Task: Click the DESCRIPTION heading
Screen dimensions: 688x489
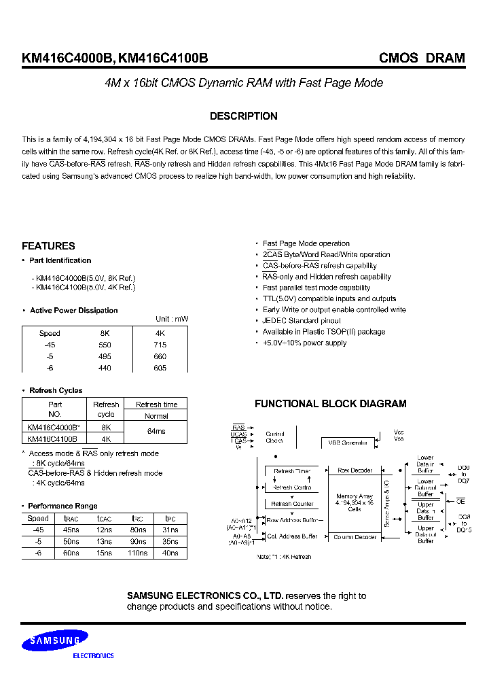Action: tap(243, 116)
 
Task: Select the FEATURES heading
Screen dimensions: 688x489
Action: tap(48, 246)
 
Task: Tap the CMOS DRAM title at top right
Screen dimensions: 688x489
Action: tap(421, 58)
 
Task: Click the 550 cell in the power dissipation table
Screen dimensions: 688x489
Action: tap(105, 345)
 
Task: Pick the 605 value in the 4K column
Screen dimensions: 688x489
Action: tap(160, 368)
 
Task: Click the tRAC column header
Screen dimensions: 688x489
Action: tap(71, 518)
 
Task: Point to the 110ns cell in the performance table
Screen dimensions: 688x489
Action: tap(138, 553)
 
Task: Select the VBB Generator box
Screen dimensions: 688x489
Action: tap(348, 443)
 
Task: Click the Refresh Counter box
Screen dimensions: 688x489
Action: tap(292, 504)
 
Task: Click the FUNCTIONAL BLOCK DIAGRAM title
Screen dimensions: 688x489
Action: tap(330, 404)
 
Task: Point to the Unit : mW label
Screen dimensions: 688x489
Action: tap(172, 319)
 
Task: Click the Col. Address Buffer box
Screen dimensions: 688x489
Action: tap(292, 536)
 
